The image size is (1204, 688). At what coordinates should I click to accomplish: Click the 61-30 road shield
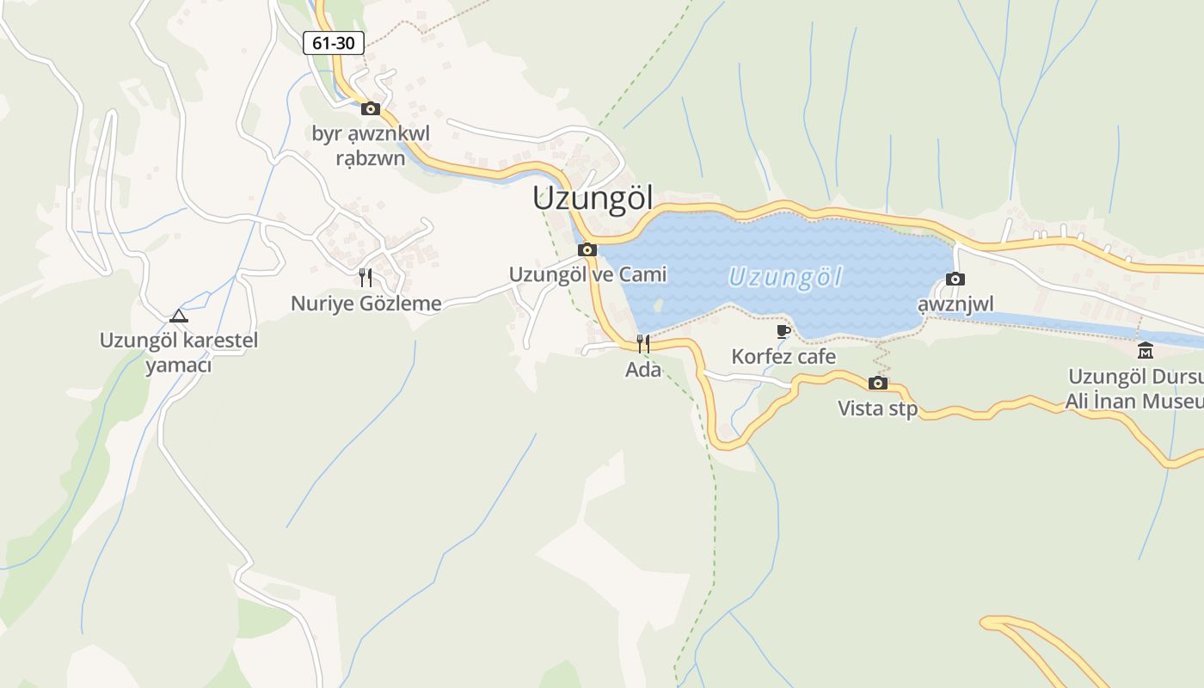(x=334, y=43)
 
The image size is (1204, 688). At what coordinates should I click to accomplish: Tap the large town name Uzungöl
(x=593, y=198)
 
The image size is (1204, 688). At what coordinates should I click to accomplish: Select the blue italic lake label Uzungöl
(x=784, y=277)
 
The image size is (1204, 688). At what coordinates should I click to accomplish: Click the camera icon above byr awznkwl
(x=371, y=108)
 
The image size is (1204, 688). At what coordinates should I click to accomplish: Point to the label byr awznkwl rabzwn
(x=371, y=146)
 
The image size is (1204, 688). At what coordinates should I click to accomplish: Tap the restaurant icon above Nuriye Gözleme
(x=365, y=277)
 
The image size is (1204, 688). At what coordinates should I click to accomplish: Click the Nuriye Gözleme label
(x=366, y=303)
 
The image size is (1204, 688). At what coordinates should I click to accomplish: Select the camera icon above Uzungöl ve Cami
(x=587, y=250)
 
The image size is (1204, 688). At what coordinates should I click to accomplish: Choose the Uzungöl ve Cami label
(x=587, y=274)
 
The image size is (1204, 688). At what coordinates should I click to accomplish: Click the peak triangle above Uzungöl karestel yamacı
(x=178, y=316)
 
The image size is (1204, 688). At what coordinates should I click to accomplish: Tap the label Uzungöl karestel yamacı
(x=179, y=352)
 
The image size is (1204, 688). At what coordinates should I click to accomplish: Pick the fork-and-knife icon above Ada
(x=642, y=344)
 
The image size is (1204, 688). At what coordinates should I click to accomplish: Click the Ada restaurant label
(x=643, y=370)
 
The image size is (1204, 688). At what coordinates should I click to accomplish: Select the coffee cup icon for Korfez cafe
(x=783, y=331)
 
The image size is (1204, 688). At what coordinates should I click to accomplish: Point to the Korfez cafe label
(x=783, y=356)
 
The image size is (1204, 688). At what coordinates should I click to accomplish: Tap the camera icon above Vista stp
(x=878, y=383)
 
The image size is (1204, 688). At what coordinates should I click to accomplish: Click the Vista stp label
(x=878, y=408)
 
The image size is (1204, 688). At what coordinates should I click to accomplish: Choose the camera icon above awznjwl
(x=955, y=279)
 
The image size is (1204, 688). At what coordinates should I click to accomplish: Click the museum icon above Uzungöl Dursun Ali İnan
(x=1146, y=350)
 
